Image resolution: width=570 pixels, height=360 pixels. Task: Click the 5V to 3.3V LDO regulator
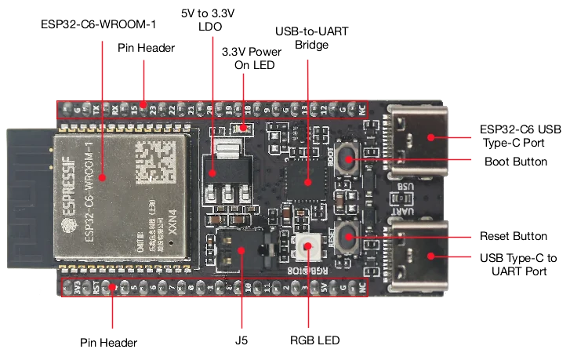(224, 167)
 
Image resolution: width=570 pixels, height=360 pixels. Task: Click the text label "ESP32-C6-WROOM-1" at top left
(98, 25)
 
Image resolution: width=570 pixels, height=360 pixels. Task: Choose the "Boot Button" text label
(517, 162)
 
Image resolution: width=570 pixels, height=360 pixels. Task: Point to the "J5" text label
(241, 341)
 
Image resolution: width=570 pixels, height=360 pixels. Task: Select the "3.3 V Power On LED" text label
(251, 58)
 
